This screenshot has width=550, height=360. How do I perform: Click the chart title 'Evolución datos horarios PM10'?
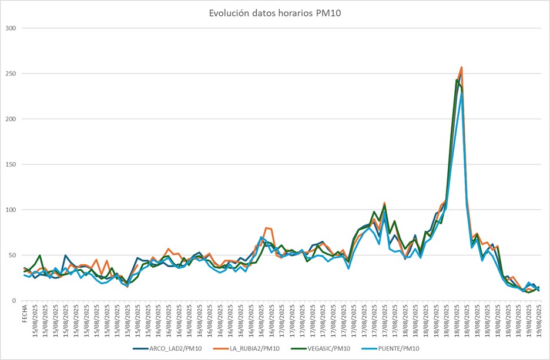tap(275, 14)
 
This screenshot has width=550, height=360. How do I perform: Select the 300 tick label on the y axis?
tap(11, 28)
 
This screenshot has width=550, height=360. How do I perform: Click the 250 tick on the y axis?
tap(11, 73)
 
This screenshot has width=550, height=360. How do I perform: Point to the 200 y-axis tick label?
tap(11, 119)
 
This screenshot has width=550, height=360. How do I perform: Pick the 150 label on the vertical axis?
tap(11, 164)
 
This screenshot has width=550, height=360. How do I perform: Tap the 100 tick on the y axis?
tap(11, 210)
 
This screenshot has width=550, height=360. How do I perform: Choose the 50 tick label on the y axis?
tap(12, 255)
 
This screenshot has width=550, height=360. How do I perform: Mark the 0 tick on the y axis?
tap(14, 300)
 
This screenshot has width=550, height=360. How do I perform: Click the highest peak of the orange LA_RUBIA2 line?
tap(462, 68)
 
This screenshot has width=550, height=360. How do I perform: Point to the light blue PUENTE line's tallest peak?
tap(462, 93)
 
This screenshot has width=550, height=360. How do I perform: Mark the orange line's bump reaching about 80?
tap(267, 227)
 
